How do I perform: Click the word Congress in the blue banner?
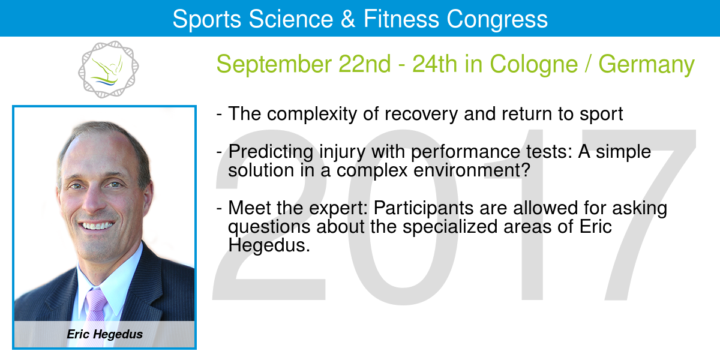[x=497, y=20]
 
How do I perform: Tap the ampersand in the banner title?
[x=348, y=19]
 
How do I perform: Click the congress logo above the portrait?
[x=109, y=69]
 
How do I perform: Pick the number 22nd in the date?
[x=365, y=64]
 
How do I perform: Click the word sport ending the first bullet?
[x=601, y=115]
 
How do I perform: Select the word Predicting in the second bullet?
[x=271, y=152]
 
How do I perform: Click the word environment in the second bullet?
[x=472, y=170]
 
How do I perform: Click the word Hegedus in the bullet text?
[x=269, y=246]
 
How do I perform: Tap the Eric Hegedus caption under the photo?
[x=105, y=334]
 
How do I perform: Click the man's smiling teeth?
[x=97, y=226]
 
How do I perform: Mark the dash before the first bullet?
[x=220, y=115]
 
